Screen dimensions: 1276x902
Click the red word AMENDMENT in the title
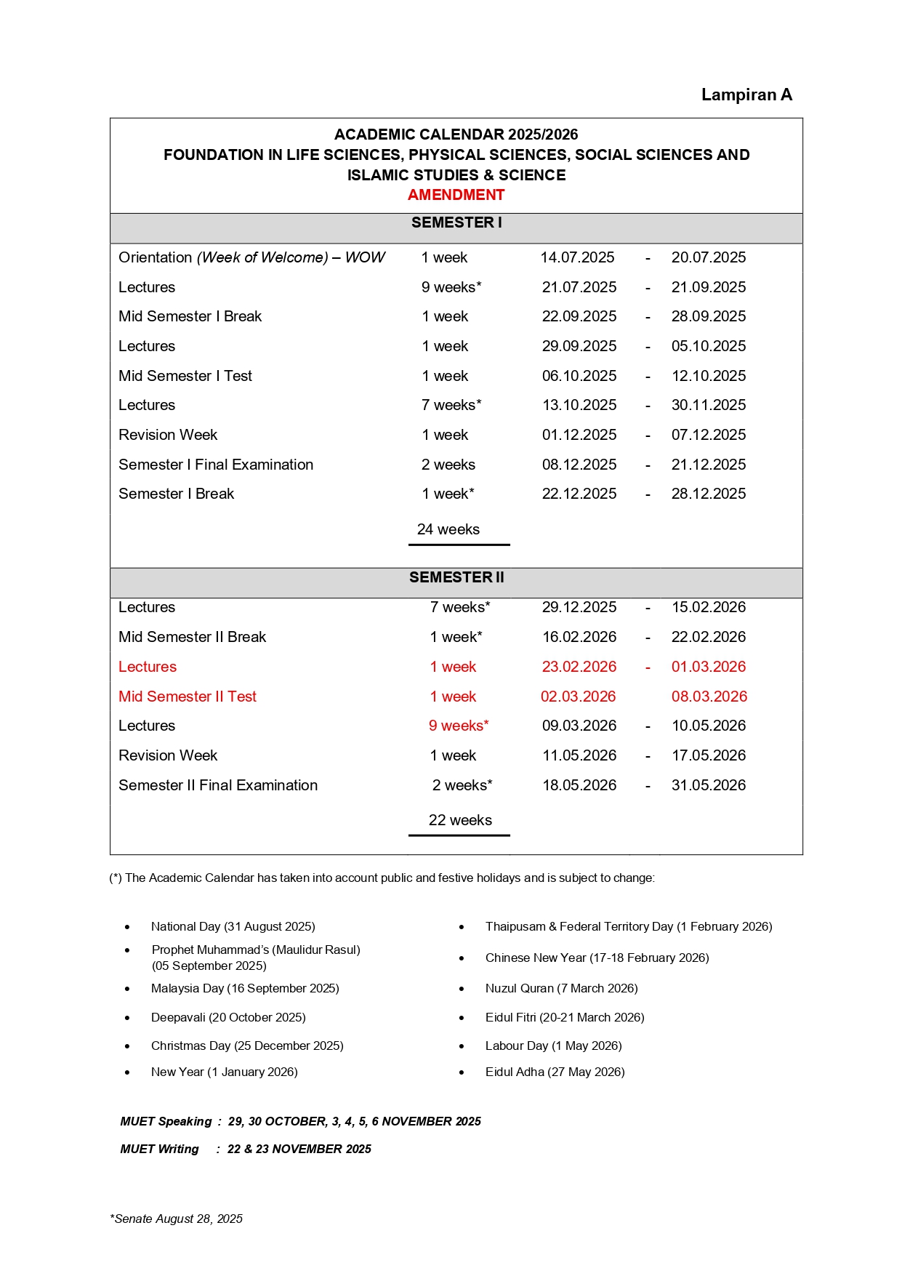pos(456,195)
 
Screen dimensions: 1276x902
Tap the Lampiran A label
pos(746,95)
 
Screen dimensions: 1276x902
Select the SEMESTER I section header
pos(456,222)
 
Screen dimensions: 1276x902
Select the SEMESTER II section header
pos(456,577)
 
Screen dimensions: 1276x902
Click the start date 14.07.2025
pos(577,257)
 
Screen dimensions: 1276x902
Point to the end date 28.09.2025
pos(709,316)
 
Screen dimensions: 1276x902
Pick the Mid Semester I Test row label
pos(185,376)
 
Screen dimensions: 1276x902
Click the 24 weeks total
pos(448,529)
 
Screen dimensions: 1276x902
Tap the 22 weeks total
pos(460,820)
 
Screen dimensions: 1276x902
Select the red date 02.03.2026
pos(578,697)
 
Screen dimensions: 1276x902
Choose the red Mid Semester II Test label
pos(188,697)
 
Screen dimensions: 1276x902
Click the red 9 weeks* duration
pos(459,726)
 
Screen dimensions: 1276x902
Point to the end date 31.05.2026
pos(709,785)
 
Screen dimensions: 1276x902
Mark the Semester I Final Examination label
pos(216,465)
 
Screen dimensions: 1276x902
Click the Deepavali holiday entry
pos(228,1017)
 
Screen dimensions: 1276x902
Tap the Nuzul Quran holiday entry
pos(561,988)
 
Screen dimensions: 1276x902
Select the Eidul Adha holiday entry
pos(555,1072)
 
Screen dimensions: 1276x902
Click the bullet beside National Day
pos(127,927)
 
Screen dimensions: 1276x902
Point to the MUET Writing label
pos(159,1149)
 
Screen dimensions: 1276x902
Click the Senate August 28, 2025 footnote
pos(177,1219)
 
